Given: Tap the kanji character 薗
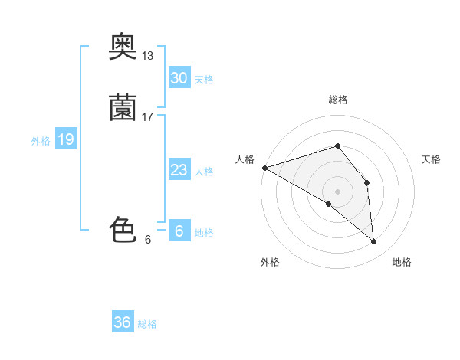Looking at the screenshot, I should (x=123, y=108).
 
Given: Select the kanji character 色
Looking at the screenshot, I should (x=123, y=230).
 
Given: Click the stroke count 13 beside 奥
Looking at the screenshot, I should (x=148, y=56).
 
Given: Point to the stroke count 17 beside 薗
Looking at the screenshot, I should (x=148, y=117).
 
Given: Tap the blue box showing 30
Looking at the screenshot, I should (x=179, y=78).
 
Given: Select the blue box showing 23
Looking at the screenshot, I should (x=179, y=170).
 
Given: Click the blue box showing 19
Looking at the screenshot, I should (x=65, y=139).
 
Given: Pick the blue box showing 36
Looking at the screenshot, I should (x=123, y=322).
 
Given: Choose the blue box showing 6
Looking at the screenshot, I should (x=179, y=231).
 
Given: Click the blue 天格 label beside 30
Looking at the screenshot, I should (x=204, y=80).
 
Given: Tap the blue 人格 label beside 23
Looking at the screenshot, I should (x=204, y=172).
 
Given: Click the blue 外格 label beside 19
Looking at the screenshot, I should (x=41, y=141).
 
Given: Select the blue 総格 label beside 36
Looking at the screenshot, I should (x=147, y=324).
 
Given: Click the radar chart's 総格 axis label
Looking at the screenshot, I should (x=337, y=100).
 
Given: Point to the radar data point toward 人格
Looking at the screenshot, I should (x=264, y=167).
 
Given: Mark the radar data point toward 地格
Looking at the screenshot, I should (x=374, y=242).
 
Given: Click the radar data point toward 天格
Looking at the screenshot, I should (x=367, y=182).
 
